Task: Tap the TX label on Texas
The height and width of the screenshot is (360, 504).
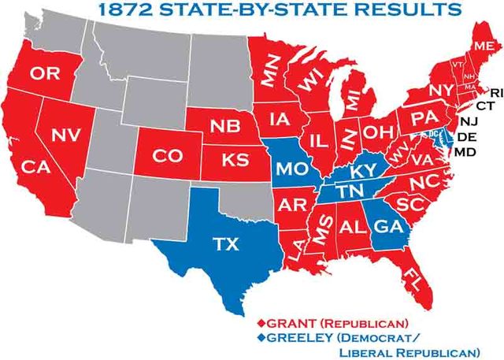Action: pos(226,244)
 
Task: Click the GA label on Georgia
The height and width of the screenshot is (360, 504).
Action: pos(385,225)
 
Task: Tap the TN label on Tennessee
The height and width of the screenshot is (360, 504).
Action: pos(348,191)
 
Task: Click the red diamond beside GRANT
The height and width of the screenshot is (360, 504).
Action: pos(264,322)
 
